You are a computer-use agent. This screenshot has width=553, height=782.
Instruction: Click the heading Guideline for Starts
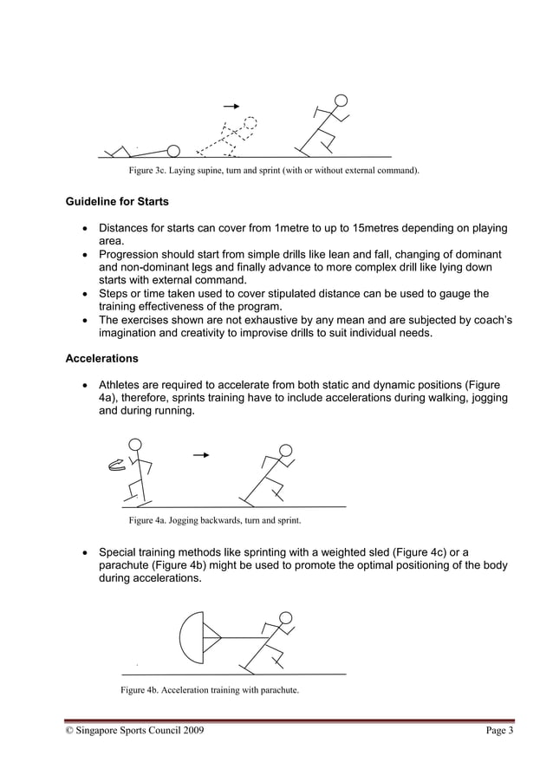[117, 203]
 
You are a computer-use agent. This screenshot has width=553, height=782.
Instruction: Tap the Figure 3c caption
[274, 171]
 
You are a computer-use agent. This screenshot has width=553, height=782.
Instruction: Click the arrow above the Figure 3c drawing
[231, 106]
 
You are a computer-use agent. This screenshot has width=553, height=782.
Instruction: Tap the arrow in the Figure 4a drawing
[201, 453]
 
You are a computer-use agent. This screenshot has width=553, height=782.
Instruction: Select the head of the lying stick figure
[173, 151]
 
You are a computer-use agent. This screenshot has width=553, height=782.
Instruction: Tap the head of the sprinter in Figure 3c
[342, 101]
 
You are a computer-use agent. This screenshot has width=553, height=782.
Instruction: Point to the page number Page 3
[499, 732]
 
